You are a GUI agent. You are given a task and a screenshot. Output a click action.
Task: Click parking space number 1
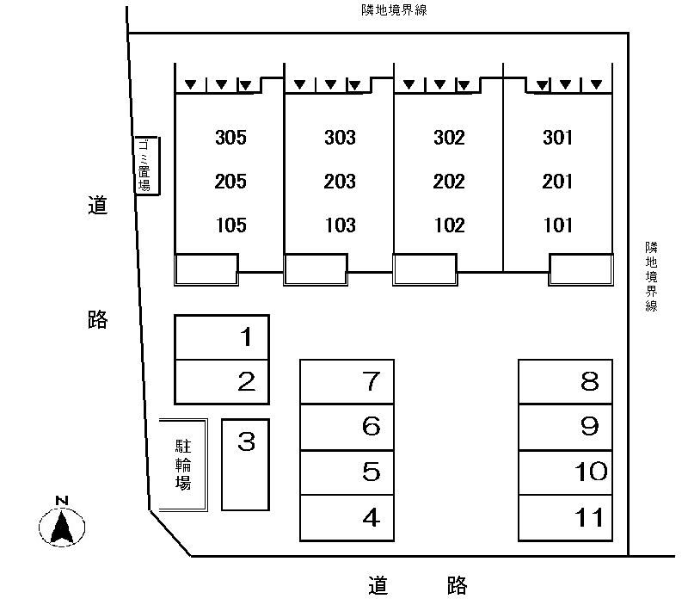(x=222, y=337)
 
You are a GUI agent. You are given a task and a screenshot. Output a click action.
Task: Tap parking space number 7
(x=347, y=381)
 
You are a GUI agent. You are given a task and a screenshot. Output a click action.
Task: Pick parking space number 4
(x=347, y=518)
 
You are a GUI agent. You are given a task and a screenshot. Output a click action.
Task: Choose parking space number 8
(x=565, y=381)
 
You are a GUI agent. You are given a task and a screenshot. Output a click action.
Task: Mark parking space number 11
(x=565, y=518)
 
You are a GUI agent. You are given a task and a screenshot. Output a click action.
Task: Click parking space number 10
(x=565, y=472)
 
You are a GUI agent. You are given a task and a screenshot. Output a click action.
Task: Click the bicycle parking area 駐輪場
(x=183, y=465)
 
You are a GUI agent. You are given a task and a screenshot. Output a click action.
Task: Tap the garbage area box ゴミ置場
(x=146, y=165)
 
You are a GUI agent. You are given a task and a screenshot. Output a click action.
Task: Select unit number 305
(x=230, y=137)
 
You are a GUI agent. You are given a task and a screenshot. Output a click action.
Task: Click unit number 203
(x=340, y=182)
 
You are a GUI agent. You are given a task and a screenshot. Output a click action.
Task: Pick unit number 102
(x=449, y=225)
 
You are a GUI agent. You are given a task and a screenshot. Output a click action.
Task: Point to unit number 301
(x=558, y=137)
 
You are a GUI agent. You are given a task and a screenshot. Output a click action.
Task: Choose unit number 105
(x=230, y=225)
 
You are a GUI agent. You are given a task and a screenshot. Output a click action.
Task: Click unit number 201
(x=558, y=182)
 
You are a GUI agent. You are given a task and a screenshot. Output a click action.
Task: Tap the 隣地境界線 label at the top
(x=382, y=10)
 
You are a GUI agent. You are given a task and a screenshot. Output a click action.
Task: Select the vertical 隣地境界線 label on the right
(x=652, y=275)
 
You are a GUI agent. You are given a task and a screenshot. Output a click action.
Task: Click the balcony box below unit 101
(x=581, y=269)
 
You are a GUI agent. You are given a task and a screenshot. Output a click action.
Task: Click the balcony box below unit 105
(x=206, y=269)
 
